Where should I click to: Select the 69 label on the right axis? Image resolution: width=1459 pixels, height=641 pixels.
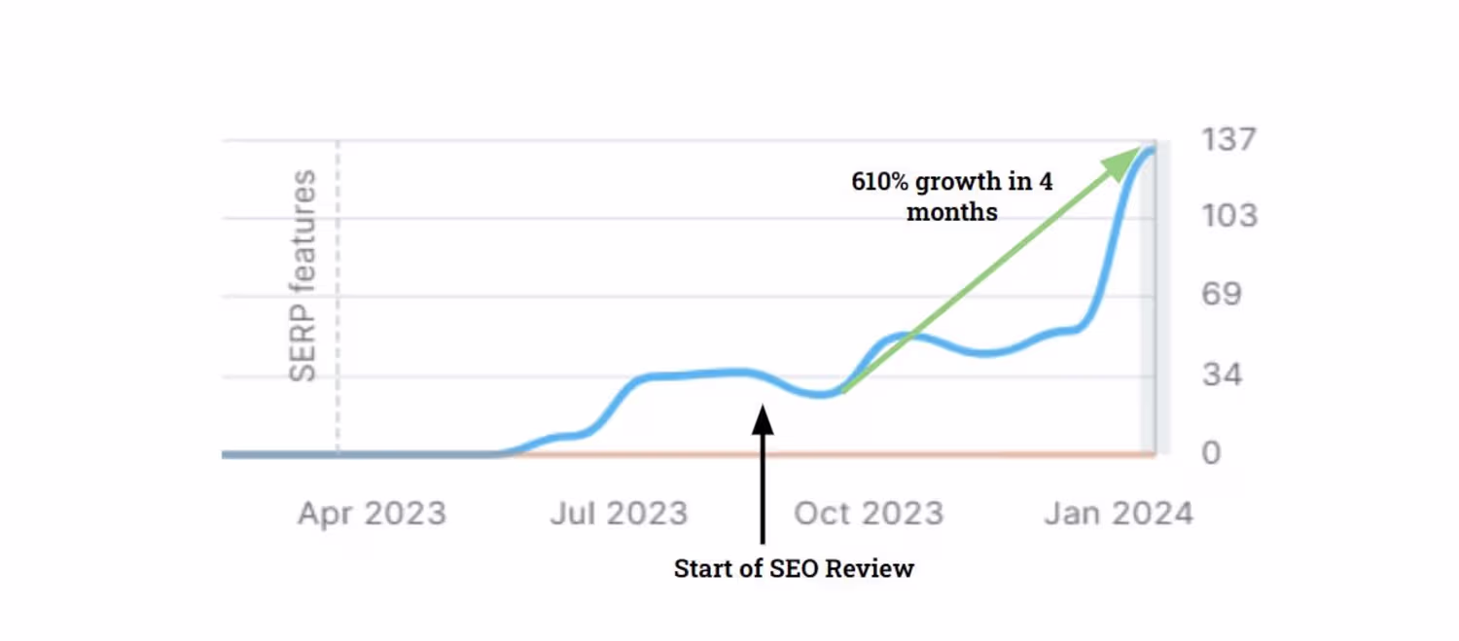click(1222, 294)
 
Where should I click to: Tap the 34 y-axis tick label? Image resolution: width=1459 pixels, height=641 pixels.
click(1222, 374)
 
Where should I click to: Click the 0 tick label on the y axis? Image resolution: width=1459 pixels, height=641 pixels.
click(1211, 453)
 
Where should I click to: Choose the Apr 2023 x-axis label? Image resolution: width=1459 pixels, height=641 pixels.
click(372, 513)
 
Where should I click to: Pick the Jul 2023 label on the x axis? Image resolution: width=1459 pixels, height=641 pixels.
click(619, 513)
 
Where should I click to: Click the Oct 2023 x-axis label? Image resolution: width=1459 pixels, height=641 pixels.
click(869, 513)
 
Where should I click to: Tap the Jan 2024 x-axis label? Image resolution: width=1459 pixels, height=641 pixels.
click(1119, 513)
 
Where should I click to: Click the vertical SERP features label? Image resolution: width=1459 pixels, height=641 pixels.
click(303, 275)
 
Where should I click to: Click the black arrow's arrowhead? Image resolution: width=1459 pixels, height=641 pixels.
click(763, 419)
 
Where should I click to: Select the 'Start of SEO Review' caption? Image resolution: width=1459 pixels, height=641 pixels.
click(794, 569)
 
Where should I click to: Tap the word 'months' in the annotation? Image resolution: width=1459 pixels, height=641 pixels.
click(951, 212)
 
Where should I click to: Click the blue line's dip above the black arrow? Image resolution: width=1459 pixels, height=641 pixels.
click(823, 394)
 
